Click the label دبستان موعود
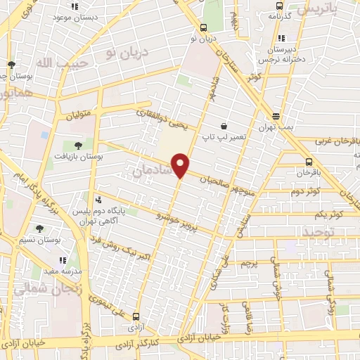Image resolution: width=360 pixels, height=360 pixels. point(75,17)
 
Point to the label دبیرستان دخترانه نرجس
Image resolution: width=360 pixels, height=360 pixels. point(281,55)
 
